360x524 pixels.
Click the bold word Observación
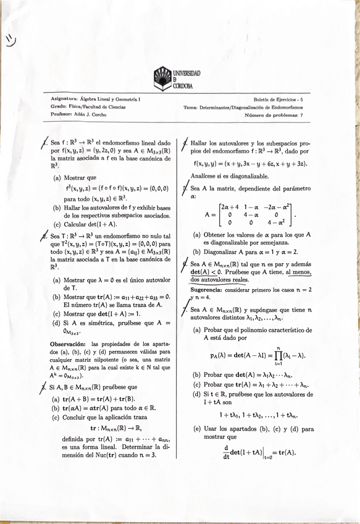click(x=71, y=344)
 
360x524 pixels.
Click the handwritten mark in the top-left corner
click(x=11, y=40)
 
